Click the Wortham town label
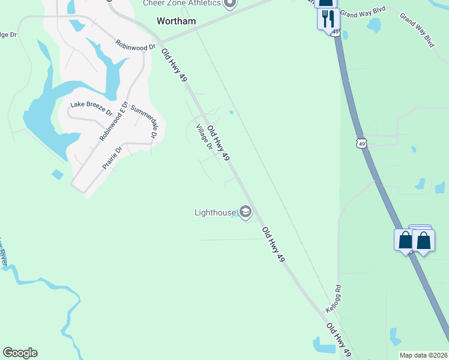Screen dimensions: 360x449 pyautogui.click(x=176, y=20)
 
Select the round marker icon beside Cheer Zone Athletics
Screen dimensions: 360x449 pyautogui.click(x=229, y=4)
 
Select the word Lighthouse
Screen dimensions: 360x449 pyautogui.click(x=215, y=212)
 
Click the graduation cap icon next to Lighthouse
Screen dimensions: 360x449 pyautogui.click(x=245, y=211)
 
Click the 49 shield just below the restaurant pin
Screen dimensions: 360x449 pyautogui.click(x=334, y=31)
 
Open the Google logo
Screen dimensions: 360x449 pyautogui.click(x=20, y=353)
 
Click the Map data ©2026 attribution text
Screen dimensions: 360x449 pyautogui.click(x=423, y=355)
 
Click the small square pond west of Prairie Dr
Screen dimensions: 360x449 pyautogui.click(x=58, y=175)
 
